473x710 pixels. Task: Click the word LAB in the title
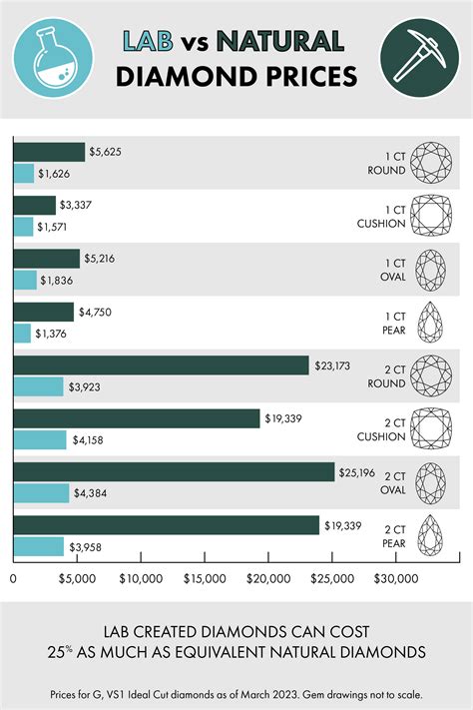click(x=152, y=41)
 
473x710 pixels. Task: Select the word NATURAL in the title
click(x=281, y=41)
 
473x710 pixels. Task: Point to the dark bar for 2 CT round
click(x=161, y=365)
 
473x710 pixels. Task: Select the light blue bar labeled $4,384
click(x=41, y=492)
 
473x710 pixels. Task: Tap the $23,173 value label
click(x=334, y=365)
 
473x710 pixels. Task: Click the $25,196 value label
click(x=360, y=472)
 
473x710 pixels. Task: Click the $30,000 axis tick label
click(x=396, y=578)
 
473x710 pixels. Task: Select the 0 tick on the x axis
click(x=13, y=578)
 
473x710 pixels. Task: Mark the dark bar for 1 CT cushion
click(x=34, y=206)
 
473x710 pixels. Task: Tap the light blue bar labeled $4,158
click(x=40, y=439)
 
